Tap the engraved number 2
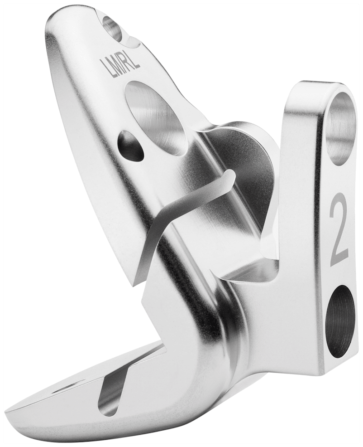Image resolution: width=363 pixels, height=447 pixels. pos(339,230)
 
